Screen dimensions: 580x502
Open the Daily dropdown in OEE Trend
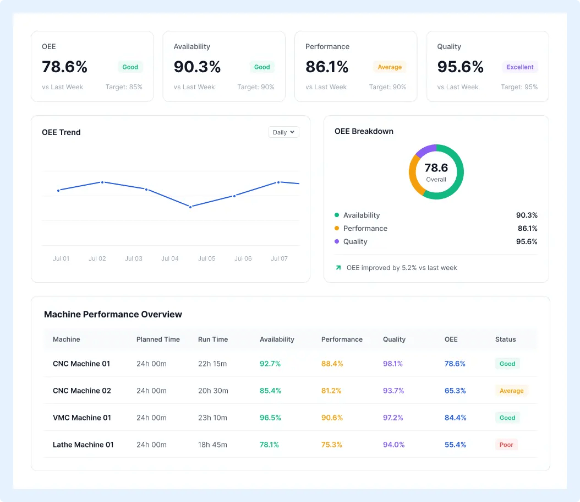click(284, 132)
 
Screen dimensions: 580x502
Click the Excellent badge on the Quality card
click(519, 67)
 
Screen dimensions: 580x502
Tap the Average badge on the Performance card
click(390, 67)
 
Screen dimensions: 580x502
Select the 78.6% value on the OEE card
click(65, 67)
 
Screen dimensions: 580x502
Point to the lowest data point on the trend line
click(190, 207)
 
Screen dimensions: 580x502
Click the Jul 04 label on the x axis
click(170, 258)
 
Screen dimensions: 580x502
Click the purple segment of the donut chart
click(425, 150)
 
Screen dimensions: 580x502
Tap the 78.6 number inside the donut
click(436, 168)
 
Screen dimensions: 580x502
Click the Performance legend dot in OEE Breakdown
click(337, 228)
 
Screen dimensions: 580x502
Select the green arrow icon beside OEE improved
click(338, 267)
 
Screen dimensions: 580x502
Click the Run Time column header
click(213, 339)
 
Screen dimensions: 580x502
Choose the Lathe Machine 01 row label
click(83, 445)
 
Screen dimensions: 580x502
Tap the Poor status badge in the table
click(506, 445)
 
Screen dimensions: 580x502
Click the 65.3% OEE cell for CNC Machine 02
click(455, 391)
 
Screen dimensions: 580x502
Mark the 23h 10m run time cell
click(213, 418)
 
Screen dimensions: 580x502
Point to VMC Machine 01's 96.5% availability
click(270, 418)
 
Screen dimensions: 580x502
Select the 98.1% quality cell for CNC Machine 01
click(393, 364)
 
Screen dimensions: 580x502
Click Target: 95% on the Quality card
click(519, 87)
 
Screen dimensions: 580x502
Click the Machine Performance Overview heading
click(113, 314)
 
